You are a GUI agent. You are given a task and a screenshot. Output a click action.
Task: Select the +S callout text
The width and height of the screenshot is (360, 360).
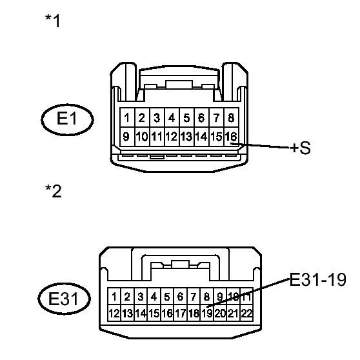click(x=299, y=148)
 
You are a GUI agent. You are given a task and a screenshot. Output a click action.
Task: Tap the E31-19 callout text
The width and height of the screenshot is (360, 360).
click(x=317, y=280)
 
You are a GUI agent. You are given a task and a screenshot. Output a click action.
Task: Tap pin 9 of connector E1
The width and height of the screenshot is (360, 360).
click(x=128, y=136)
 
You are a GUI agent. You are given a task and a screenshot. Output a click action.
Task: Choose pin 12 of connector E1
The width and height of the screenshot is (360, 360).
click(x=171, y=136)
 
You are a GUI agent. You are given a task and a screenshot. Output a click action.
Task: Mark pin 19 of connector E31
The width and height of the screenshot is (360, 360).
click(x=206, y=314)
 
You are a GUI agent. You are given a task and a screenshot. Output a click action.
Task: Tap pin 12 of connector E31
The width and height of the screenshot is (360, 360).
click(x=114, y=314)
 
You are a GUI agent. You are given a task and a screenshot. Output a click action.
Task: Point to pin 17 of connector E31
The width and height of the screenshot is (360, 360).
click(x=180, y=314)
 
